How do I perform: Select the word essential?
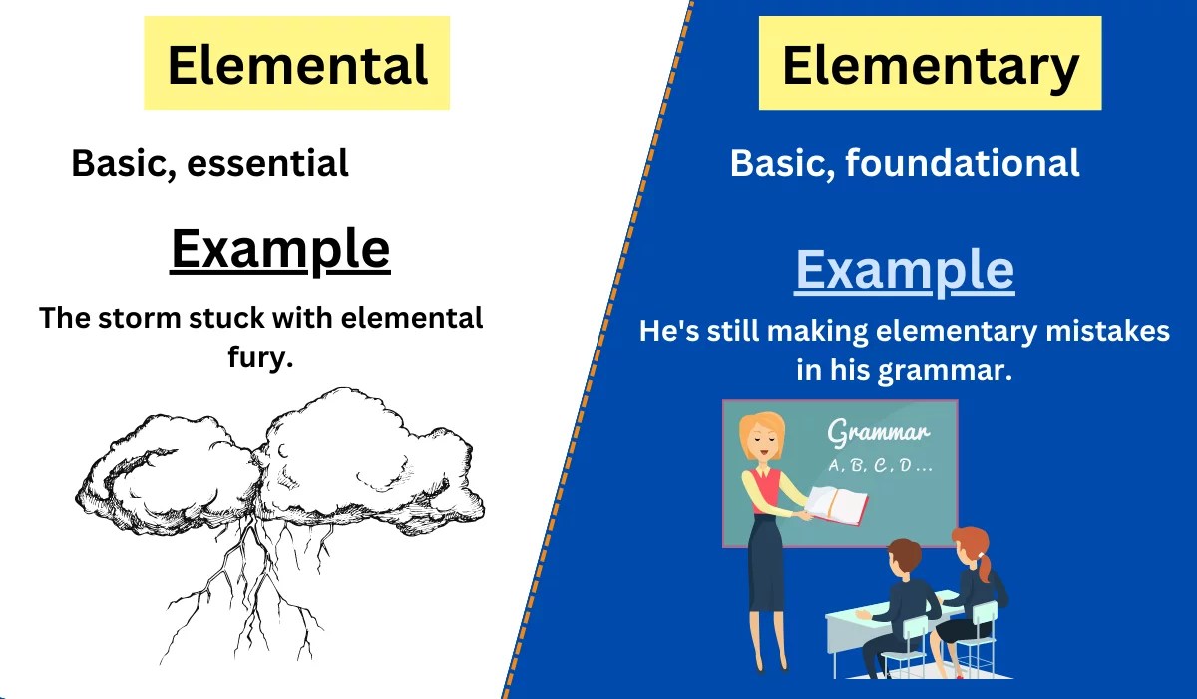(268, 163)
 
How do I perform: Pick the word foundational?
(963, 162)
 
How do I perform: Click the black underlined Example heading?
(279, 249)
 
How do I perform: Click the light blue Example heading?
(904, 270)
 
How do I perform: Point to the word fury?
(260, 357)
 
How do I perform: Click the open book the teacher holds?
(836, 504)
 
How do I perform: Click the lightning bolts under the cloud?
(265, 589)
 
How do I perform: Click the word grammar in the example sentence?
(944, 370)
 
